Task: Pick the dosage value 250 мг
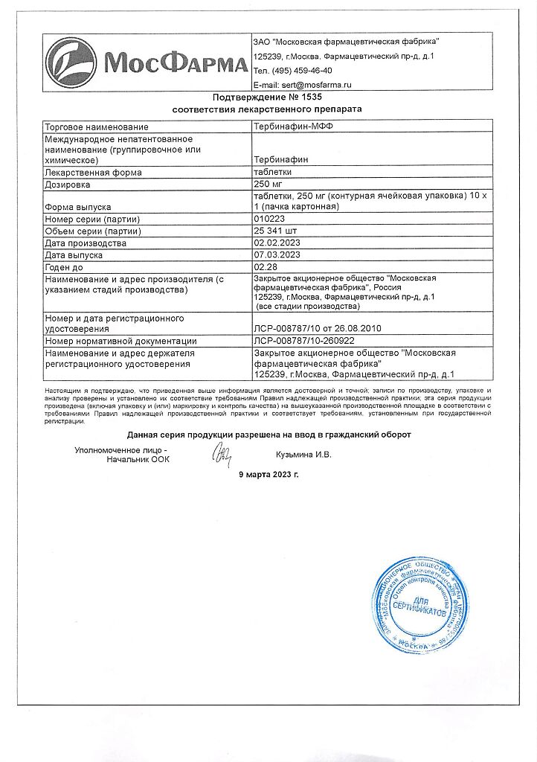[x=268, y=184]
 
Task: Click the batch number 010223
[x=270, y=220]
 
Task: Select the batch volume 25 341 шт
[x=275, y=231]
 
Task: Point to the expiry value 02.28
[x=266, y=266]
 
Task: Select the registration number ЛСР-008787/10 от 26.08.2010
[x=320, y=328]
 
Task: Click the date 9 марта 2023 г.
[x=268, y=474]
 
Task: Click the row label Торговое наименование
[x=97, y=127]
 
